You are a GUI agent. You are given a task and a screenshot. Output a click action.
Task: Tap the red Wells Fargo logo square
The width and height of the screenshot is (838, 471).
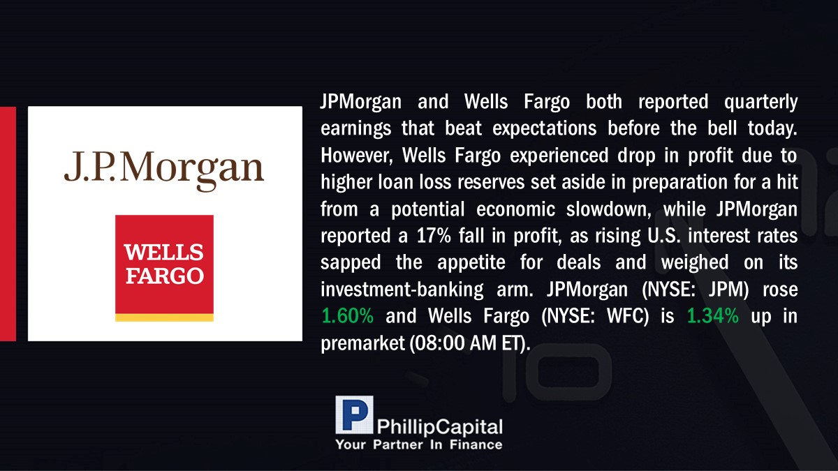[x=164, y=264]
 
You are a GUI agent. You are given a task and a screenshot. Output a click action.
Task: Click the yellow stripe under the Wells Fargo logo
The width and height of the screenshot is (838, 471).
[x=164, y=317]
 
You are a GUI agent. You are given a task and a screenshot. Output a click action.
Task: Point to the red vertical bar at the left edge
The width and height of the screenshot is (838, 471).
[x=8, y=224]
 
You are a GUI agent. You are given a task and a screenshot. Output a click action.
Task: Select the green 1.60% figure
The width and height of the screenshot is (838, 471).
[x=347, y=316]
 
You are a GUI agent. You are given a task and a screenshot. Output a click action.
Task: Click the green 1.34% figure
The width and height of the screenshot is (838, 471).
[x=713, y=316]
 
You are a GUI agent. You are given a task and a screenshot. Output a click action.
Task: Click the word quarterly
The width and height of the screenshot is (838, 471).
[x=761, y=103]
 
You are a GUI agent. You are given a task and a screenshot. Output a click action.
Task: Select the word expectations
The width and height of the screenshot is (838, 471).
[x=544, y=129]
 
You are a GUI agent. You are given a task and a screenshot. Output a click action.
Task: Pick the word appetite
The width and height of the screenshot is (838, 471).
[x=471, y=263]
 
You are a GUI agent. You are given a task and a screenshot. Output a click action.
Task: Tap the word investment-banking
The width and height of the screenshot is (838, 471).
[x=402, y=290]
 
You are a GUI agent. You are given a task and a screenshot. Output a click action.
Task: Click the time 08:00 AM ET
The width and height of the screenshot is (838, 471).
[x=469, y=343]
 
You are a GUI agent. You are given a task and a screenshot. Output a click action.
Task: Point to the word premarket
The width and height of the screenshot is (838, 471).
[x=363, y=343]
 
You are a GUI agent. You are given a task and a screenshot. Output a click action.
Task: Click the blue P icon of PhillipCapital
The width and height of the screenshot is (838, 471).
[x=354, y=415]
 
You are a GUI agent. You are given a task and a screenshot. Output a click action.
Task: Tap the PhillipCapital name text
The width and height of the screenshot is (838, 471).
[x=439, y=427]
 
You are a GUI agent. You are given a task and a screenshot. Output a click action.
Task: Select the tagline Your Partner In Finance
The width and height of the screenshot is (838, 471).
[x=419, y=444]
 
